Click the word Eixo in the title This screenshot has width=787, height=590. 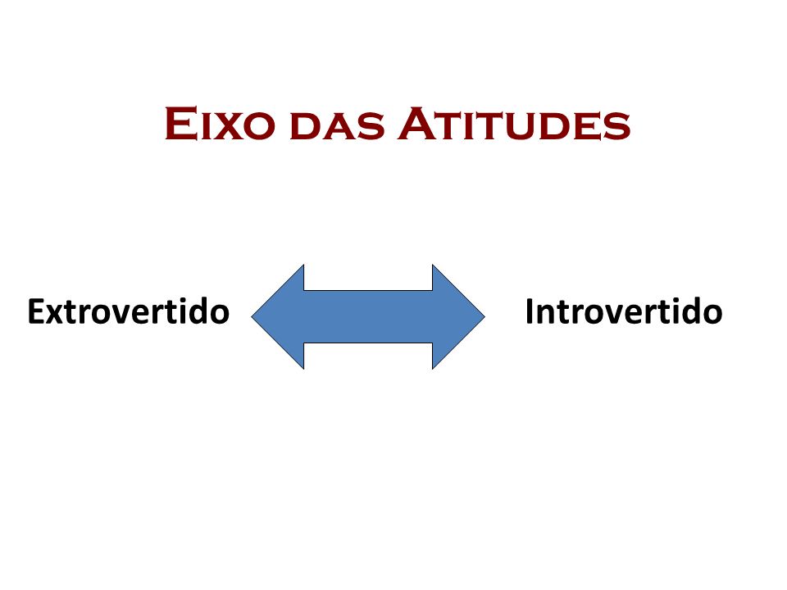click(x=220, y=124)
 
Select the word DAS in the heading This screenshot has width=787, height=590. click(x=337, y=126)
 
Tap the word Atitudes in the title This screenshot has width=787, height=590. click(x=514, y=124)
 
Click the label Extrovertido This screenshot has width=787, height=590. click(x=129, y=311)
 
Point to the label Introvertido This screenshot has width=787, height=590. click(x=623, y=311)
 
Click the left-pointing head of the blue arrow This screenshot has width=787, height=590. click(x=278, y=316)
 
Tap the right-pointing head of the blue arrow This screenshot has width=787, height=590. click(x=459, y=316)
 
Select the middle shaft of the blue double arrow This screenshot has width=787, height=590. click(x=368, y=316)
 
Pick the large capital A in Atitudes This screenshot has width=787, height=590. click(x=416, y=124)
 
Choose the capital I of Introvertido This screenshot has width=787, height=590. click(x=529, y=311)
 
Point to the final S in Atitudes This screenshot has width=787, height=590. click(x=618, y=127)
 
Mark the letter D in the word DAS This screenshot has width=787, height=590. click(x=304, y=127)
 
